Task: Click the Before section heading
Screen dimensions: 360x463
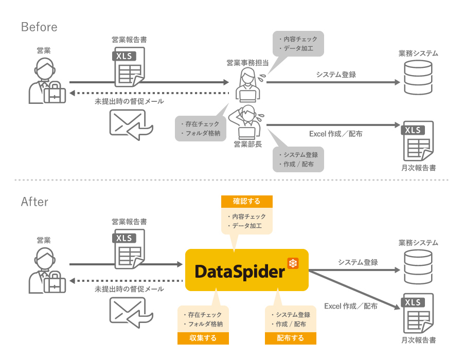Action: pos(39,27)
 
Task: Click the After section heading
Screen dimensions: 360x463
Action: pos(34,202)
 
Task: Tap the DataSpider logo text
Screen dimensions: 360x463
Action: pos(240,271)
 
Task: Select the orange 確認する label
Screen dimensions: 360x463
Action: pos(246,202)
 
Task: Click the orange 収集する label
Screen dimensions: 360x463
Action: pos(203,338)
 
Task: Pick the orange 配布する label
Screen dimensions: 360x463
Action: pos(290,338)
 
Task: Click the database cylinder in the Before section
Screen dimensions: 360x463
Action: pos(418,78)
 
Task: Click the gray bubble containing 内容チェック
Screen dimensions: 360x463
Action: pos(298,44)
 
